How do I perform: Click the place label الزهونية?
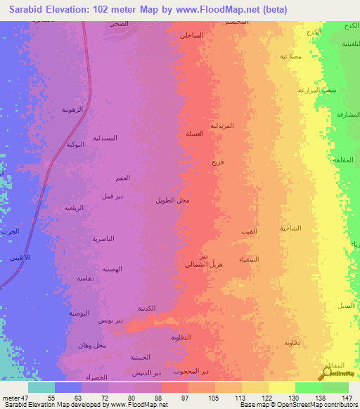(72, 109)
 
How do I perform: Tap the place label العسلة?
(195, 134)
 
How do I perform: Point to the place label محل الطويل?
(172, 201)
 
